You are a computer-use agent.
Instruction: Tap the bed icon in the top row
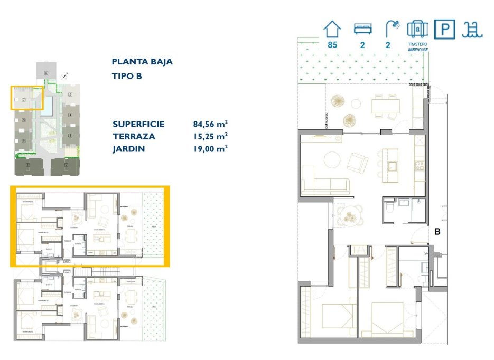[x=362, y=29]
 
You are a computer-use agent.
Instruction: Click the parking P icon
[x=444, y=29]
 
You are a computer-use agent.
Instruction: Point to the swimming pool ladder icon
[x=471, y=29]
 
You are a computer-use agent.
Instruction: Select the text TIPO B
[x=127, y=76]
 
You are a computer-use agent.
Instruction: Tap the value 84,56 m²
[x=210, y=125]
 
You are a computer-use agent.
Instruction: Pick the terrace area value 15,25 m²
[x=210, y=137]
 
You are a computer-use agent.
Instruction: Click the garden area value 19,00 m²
[x=210, y=149]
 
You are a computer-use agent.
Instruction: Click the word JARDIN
[x=128, y=149]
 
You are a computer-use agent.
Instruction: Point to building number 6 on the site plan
[x=46, y=72]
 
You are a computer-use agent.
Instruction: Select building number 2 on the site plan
[x=67, y=165]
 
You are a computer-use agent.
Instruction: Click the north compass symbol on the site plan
[x=65, y=76]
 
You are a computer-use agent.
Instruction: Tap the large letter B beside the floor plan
[x=437, y=231]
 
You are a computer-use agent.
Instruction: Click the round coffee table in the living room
[x=333, y=159]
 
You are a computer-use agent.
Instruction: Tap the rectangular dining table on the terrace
[x=385, y=106]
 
